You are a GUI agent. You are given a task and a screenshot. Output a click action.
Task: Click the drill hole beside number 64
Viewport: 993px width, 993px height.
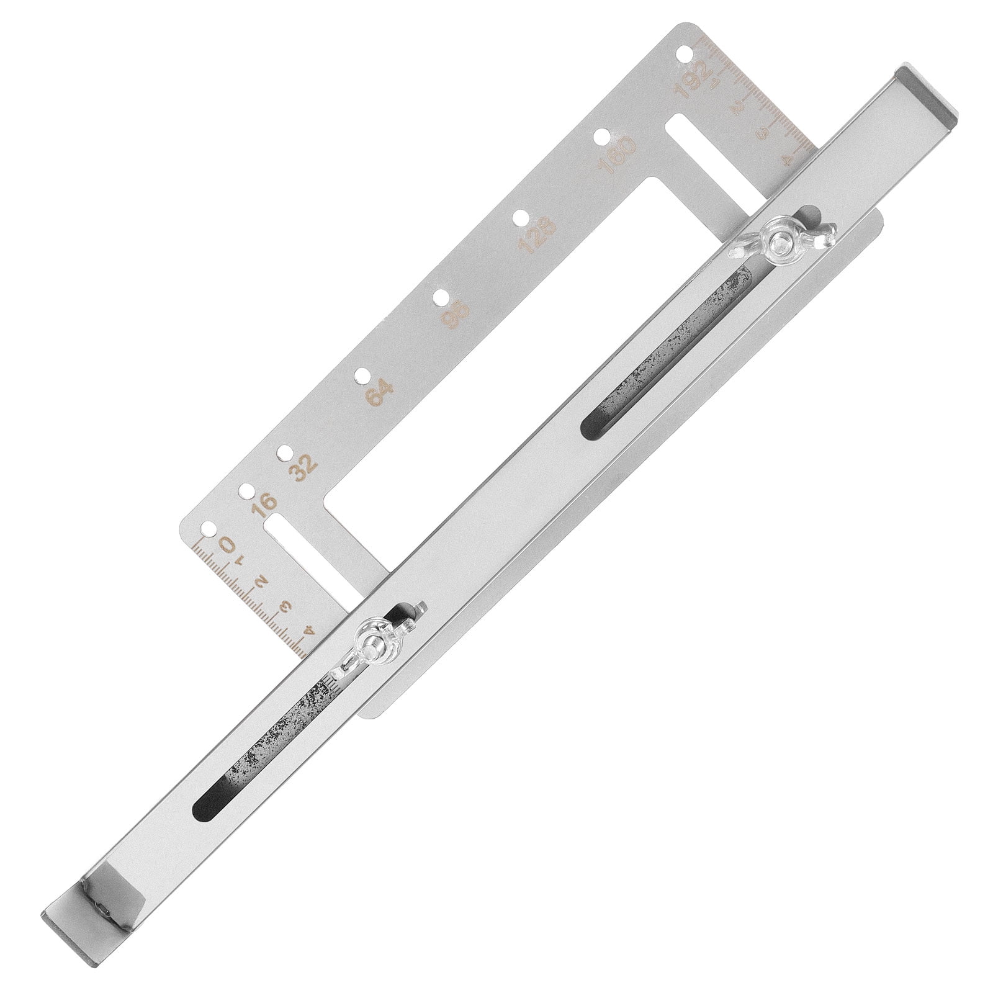(x=360, y=375)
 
